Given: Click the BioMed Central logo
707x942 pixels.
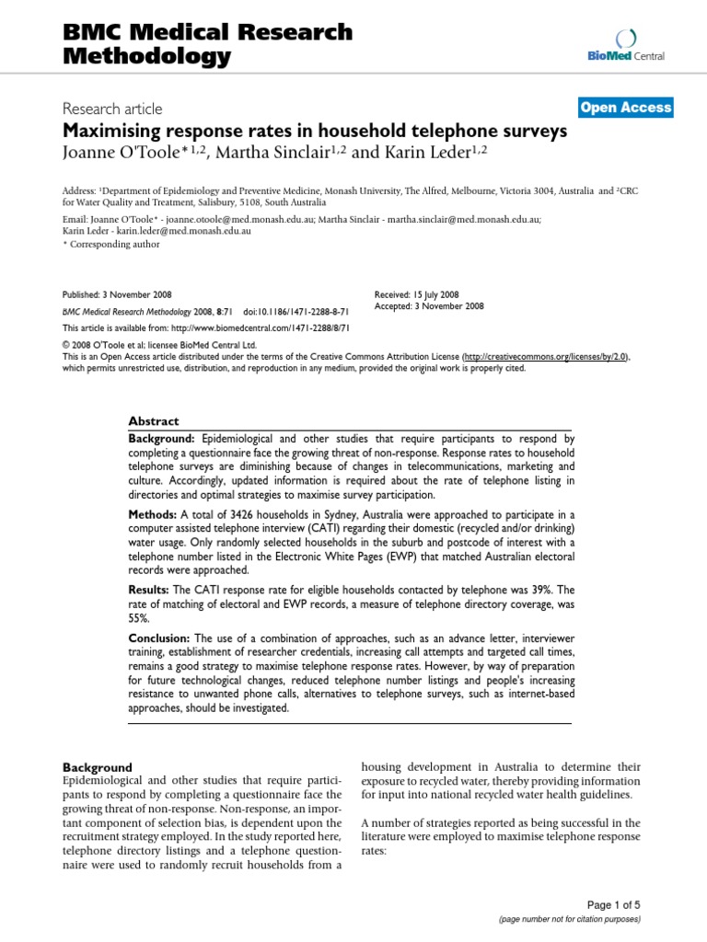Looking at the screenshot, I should pos(625,46).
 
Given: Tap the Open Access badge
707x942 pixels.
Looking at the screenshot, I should pos(626,108).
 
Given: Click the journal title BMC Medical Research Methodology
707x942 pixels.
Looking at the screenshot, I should pos(207,44).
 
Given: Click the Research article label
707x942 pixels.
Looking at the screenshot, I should pos(112,107).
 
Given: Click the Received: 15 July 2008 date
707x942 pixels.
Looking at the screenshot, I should pos(417,294).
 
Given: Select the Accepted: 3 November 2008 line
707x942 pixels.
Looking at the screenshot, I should pos(429,306).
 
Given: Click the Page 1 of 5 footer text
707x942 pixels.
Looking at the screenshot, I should pos(615,904).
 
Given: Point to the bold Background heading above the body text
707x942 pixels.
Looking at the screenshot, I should pos(97,767).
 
